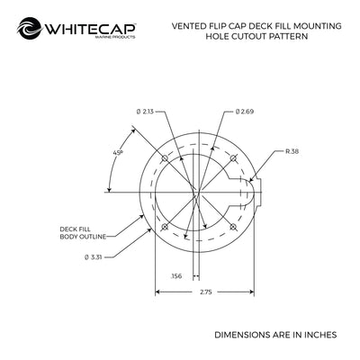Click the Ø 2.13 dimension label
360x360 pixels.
[x=145, y=112]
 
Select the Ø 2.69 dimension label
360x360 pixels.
[x=245, y=112]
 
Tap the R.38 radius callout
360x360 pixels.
[x=292, y=151]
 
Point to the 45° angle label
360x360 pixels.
[x=118, y=152]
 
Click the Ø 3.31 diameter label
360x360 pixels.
[x=94, y=257]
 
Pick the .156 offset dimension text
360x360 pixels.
[x=176, y=276]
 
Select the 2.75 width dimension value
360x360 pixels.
[x=205, y=292]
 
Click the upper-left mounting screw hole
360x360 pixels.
[x=165, y=157]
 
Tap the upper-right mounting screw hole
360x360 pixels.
[x=233, y=157]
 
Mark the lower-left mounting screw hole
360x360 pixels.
[x=165, y=227]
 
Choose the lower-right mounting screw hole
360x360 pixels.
[x=233, y=227]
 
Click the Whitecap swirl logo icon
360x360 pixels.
[x=30, y=28]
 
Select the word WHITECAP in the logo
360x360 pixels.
[x=90, y=29]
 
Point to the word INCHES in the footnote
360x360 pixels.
[x=320, y=335]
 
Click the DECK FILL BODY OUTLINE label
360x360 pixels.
[x=83, y=233]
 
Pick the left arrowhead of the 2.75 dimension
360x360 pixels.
[x=158, y=292]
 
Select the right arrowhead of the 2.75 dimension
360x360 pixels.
[x=251, y=292]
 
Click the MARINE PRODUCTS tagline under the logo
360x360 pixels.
[x=115, y=37]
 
